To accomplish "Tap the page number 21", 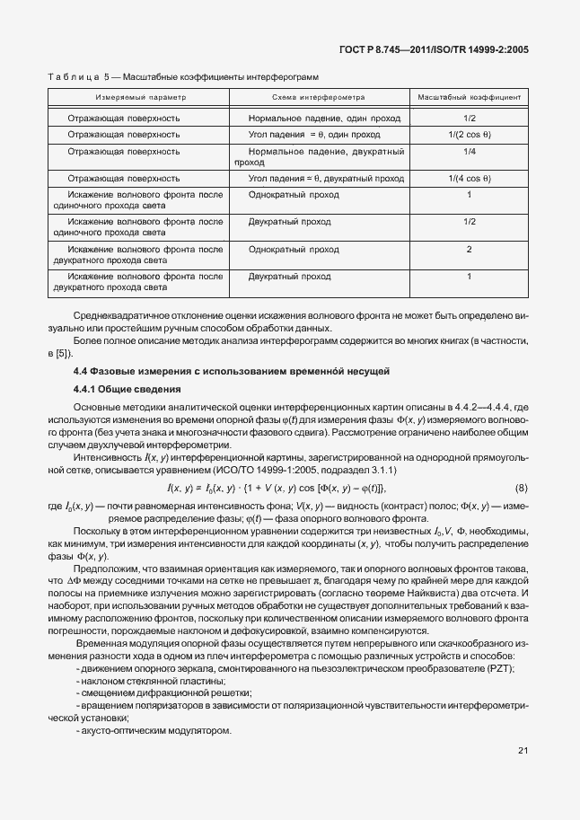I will (523, 752).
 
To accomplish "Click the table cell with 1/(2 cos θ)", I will (469, 135).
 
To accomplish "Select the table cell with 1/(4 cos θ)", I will (469, 179).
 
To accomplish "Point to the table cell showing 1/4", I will (469, 152).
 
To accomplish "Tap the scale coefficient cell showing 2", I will (469, 249).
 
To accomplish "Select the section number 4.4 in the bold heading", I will (83, 371).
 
